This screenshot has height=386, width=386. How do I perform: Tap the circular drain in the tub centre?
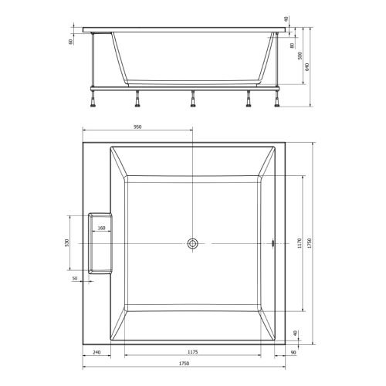(192, 244)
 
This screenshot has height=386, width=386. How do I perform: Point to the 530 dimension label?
(68, 244)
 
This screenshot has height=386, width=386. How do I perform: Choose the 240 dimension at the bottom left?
(96, 353)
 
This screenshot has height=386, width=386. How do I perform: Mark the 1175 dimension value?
(193, 353)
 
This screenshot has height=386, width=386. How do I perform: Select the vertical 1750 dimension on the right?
(310, 244)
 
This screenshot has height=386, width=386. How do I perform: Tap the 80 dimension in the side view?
(292, 45)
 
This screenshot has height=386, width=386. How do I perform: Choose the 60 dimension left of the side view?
(71, 42)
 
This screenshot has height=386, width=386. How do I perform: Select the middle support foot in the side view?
(192, 99)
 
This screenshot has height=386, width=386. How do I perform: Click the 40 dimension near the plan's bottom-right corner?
(293, 333)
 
